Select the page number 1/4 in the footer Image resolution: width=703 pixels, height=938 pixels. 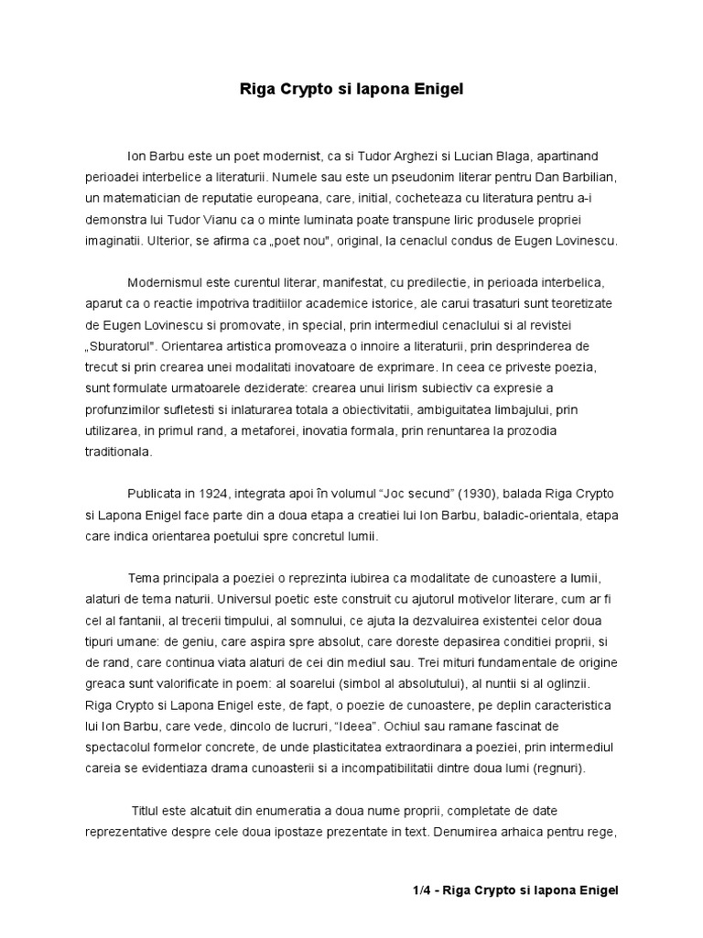click(x=423, y=889)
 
